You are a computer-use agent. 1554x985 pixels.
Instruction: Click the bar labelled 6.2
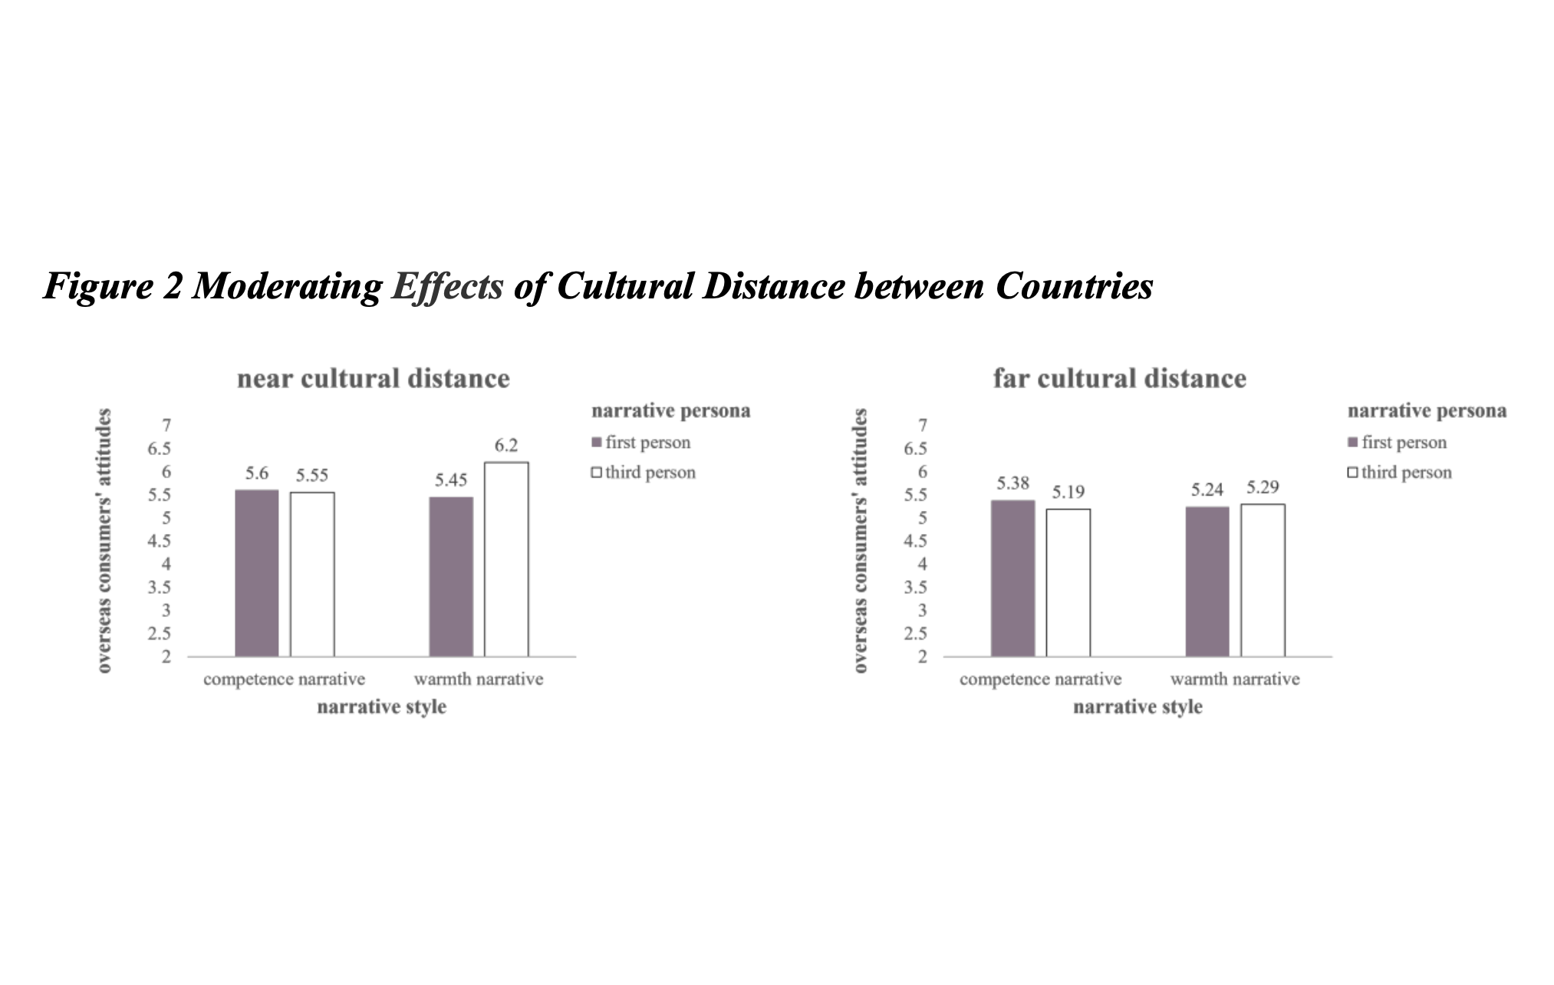[506, 559]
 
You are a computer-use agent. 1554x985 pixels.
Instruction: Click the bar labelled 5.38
[1012, 578]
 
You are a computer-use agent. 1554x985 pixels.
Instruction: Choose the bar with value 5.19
[1068, 582]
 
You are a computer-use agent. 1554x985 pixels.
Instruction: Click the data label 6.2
[506, 445]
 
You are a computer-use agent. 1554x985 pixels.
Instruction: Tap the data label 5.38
[1012, 483]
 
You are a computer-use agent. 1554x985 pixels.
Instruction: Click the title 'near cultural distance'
[374, 378]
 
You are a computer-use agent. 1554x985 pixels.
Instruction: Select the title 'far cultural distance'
[1120, 378]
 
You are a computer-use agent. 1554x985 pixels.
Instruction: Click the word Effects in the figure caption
[447, 286]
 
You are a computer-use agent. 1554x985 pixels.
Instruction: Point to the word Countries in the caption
[1074, 286]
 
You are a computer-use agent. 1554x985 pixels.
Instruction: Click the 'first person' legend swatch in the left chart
[596, 443]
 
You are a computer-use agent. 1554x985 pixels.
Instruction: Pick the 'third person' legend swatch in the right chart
[1352, 473]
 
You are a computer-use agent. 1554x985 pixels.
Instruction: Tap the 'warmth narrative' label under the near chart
[479, 679]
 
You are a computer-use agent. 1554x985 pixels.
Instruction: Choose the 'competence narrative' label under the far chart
[1040, 679]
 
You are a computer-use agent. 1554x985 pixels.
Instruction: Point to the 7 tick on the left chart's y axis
[166, 425]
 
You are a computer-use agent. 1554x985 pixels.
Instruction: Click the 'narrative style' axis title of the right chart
[1138, 707]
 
